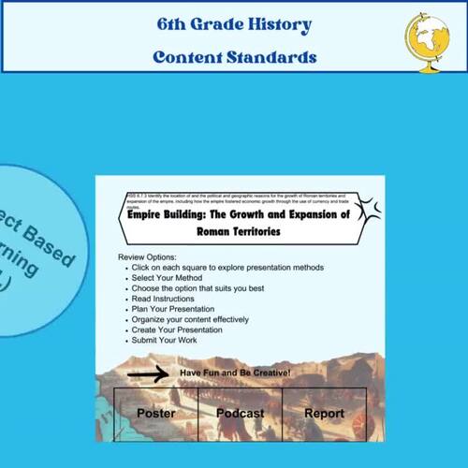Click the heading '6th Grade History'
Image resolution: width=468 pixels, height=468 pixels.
(235, 23)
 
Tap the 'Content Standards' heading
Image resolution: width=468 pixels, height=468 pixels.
(235, 57)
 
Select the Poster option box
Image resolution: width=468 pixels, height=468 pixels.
(155, 414)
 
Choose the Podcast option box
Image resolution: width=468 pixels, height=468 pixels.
(240, 414)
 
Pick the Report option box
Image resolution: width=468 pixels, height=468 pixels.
(324, 414)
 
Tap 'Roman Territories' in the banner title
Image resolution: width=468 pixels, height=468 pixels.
(241, 230)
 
